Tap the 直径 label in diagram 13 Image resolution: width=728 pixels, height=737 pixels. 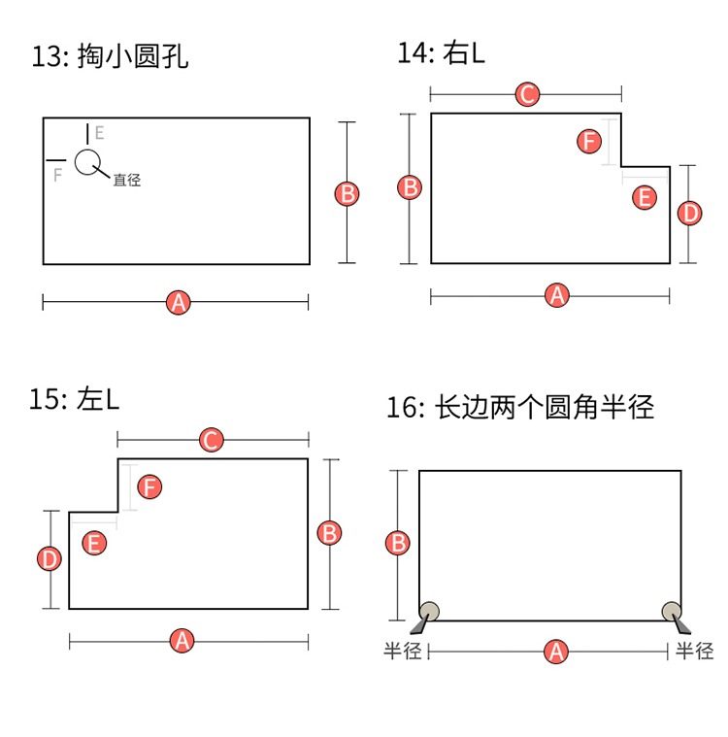pyautogui.click(x=126, y=180)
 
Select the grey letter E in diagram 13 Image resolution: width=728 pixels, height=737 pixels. pyautogui.click(x=99, y=133)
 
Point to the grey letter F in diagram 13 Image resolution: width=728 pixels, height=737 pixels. pyautogui.click(x=57, y=175)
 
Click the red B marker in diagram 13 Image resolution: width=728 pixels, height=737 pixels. pyautogui.click(x=347, y=193)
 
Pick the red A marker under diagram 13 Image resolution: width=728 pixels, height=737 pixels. pyautogui.click(x=178, y=302)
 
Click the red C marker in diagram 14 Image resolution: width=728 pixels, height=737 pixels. pyautogui.click(x=526, y=94)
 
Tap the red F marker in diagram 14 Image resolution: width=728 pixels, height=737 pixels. pyautogui.click(x=588, y=142)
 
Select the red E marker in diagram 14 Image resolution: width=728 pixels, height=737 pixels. pyautogui.click(x=644, y=198)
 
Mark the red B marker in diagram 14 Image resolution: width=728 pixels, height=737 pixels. pyautogui.click(x=411, y=187)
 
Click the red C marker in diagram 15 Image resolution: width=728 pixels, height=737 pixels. pyautogui.click(x=211, y=440)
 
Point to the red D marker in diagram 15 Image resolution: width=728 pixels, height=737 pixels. pyautogui.click(x=50, y=558)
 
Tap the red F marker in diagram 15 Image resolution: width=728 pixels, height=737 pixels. pyautogui.click(x=149, y=486)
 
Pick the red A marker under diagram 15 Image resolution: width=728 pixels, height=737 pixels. pyautogui.click(x=182, y=640)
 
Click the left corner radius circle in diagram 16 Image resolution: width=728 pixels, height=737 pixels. pyautogui.click(x=429, y=611)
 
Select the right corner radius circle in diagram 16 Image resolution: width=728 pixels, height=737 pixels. pyautogui.click(x=672, y=611)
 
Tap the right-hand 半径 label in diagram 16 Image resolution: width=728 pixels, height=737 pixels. pyautogui.click(x=695, y=652)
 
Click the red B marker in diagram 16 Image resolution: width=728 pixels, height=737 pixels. pyautogui.click(x=397, y=543)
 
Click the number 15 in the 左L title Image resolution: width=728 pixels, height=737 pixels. pyautogui.click(x=43, y=401)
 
